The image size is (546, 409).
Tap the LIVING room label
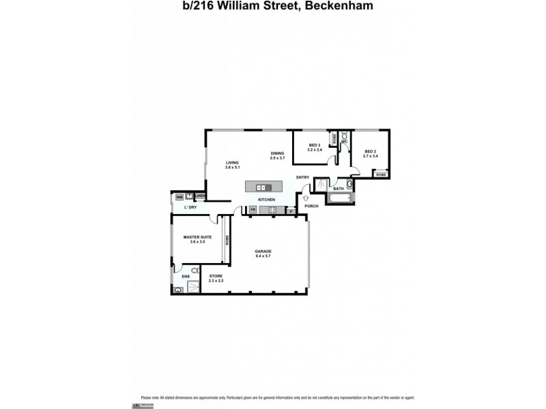(x=232, y=162)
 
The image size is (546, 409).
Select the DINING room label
(x=276, y=153)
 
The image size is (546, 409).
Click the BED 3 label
(x=314, y=145)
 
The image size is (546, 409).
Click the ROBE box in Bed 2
(x=381, y=175)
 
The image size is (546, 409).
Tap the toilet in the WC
(x=344, y=136)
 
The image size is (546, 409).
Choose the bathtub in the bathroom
(x=339, y=198)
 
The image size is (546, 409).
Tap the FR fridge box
(x=253, y=210)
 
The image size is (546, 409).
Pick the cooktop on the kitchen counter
(x=272, y=210)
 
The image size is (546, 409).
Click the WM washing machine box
(x=179, y=197)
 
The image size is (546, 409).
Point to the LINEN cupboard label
(x=199, y=196)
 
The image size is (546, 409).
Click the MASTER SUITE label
(x=197, y=237)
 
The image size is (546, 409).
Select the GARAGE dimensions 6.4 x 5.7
(x=263, y=256)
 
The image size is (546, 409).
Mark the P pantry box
(x=291, y=211)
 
